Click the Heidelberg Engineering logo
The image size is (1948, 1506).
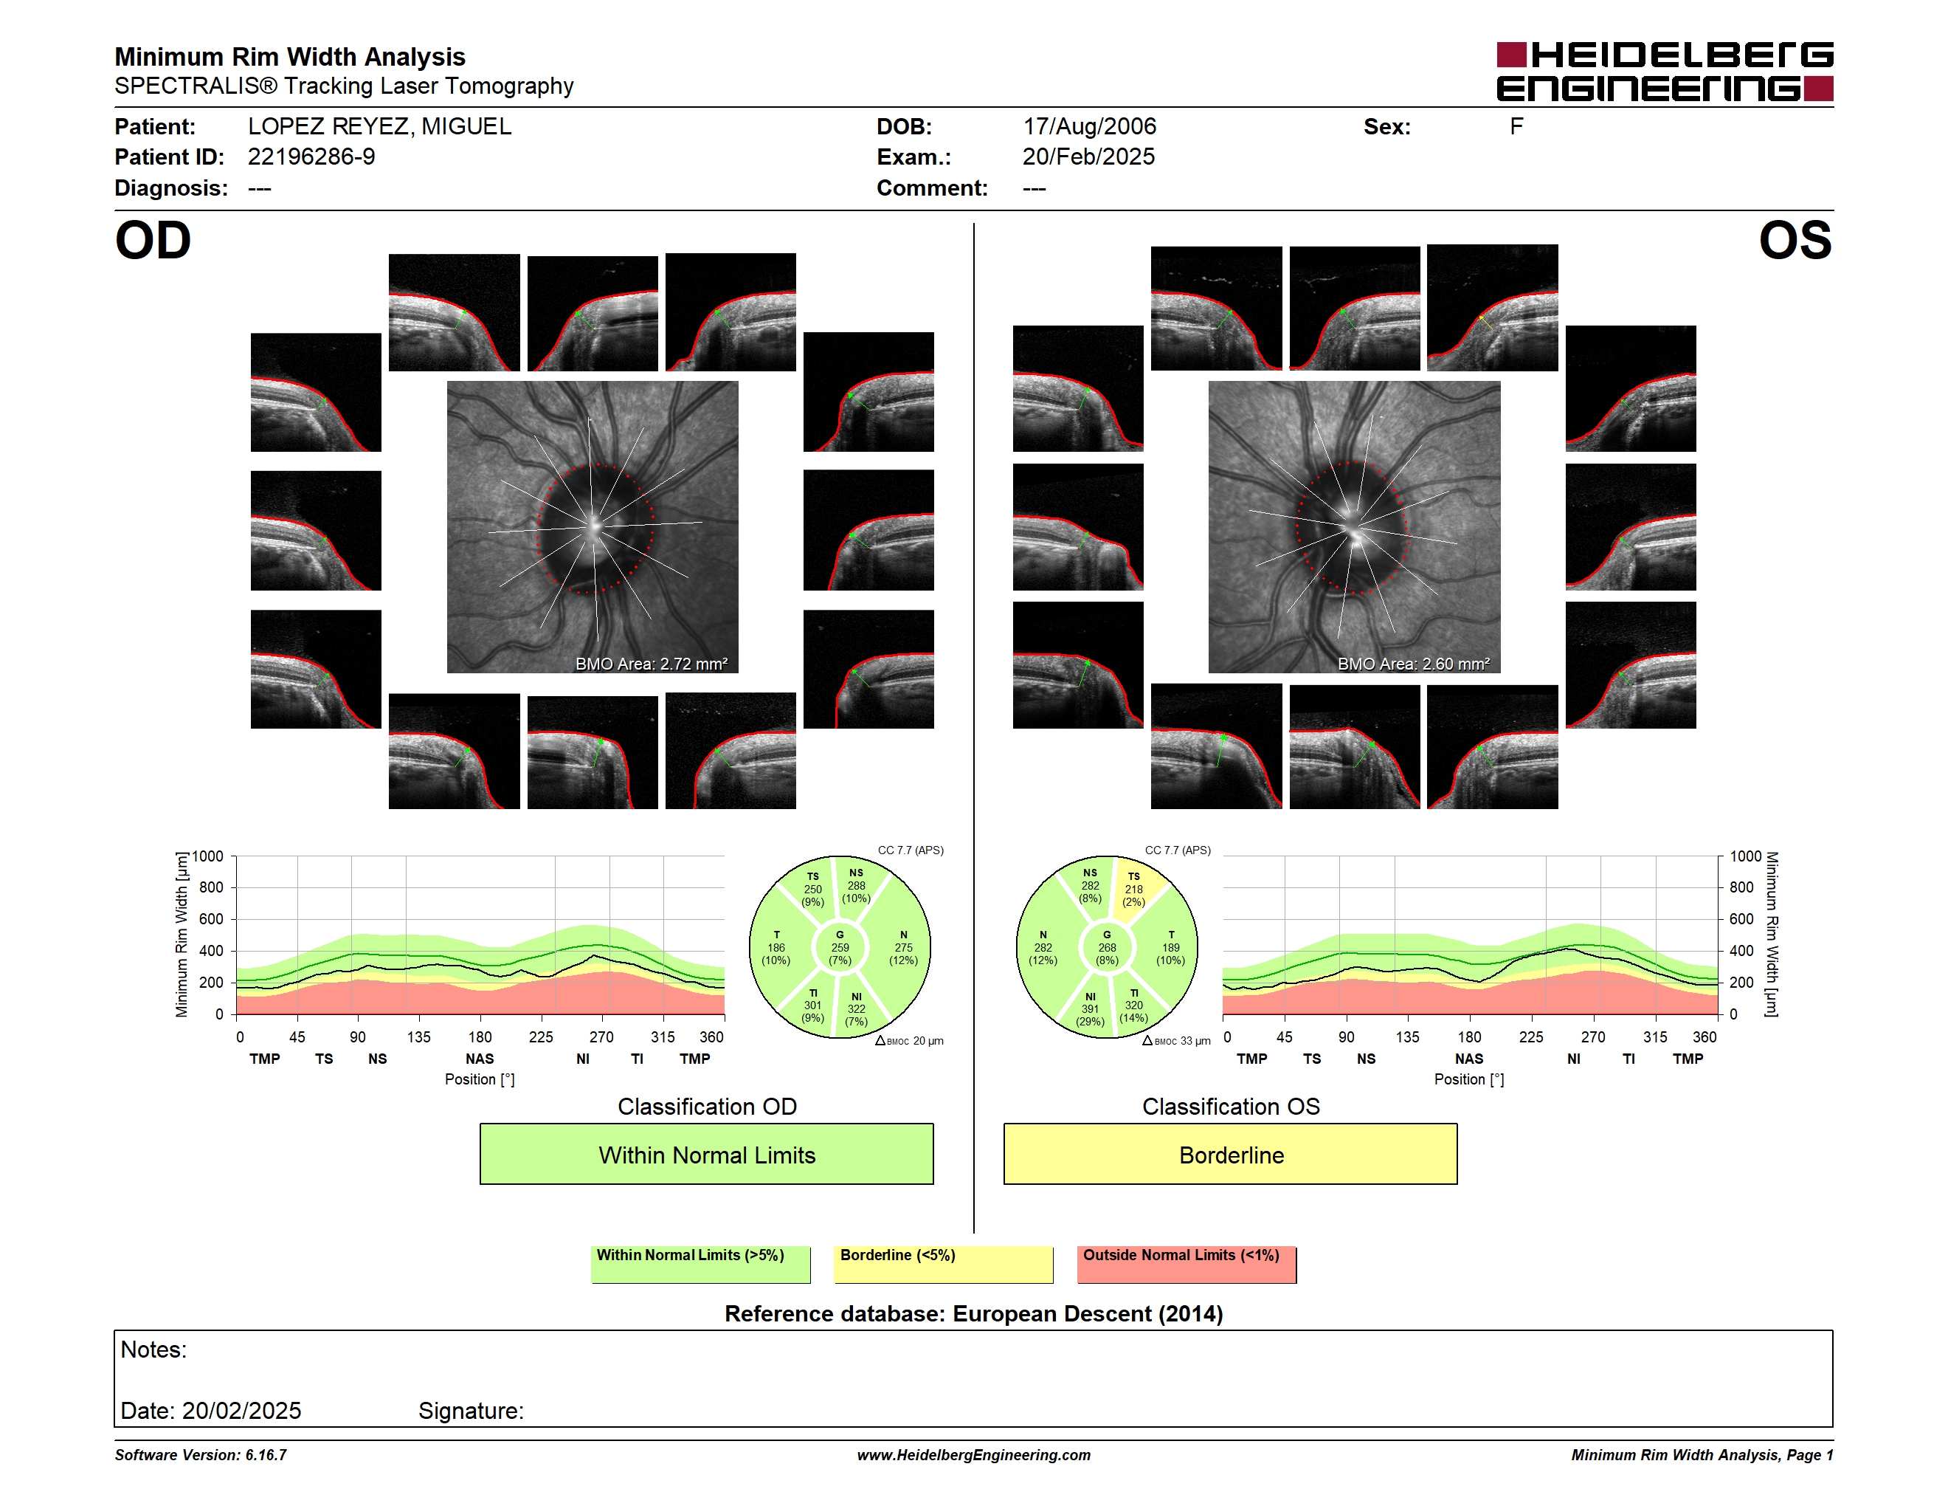(1665, 72)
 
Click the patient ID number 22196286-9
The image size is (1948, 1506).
(311, 157)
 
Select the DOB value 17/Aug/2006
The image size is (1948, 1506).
(1089, 127)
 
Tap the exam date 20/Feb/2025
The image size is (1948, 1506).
(1088, 157)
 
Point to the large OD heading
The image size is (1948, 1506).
(153, 241)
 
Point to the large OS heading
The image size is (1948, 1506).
(1795, 241)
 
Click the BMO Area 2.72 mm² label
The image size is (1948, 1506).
(651, 664)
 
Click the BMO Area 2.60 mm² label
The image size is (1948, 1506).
(1413, 664)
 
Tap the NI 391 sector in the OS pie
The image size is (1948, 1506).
(1090, 1008)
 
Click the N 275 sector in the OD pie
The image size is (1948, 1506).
(902, 947)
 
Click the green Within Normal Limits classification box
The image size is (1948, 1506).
(706, 1154)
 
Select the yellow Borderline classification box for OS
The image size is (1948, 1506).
(1231, 1154)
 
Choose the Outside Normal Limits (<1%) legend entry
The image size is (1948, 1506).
(1187, 1264)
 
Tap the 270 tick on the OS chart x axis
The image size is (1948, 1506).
(1593, 1036)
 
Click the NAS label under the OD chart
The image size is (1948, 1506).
(480, 1059)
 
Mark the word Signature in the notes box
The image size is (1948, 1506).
(471, 1411)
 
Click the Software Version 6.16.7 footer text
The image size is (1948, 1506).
(201, 1455)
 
